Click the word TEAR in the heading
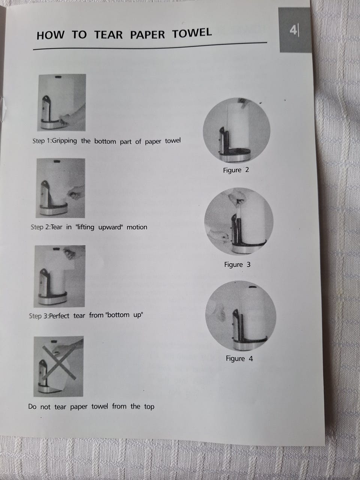click(x=108, y=34)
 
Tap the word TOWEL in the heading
click(x=192, y=33)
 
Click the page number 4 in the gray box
click(x=293, y=30)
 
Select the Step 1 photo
click(x=61, y=102)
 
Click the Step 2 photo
click(x=60, y=188)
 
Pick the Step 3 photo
click(x=59, y=276)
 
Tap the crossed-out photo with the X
click(x=58, y=366)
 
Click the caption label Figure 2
click(x=236, y=170)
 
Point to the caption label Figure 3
click(x=237, y=265)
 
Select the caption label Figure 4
click(x=239, y=358)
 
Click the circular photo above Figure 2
click(x=237, y=130)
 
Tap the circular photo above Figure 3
click(x=239, y=221)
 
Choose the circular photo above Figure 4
click(x=241, y=315)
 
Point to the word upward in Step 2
click(x=110, y=227)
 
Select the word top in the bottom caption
click(x=149, y=406)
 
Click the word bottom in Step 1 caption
click(x=105, y=141)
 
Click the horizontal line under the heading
click(x=150, y=46)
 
